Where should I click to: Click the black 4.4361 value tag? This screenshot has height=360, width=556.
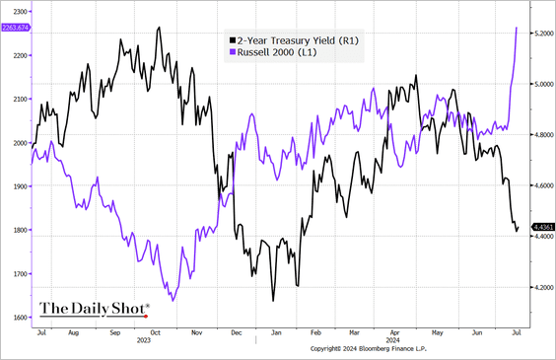(x=542, y=228)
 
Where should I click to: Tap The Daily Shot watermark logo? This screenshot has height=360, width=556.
(x=95, y=309)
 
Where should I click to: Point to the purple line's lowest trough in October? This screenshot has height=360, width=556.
(x=173, y=300)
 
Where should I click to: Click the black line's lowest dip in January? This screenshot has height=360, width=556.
(x=272, y=301)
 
